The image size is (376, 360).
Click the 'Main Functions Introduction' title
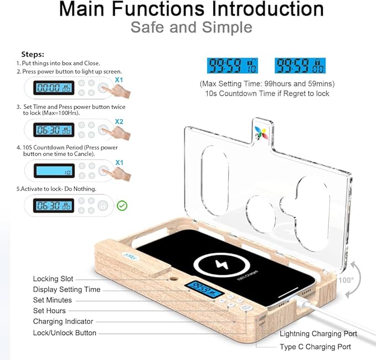(x=191, y=9)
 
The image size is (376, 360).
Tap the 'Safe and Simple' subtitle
(x=191, y=27)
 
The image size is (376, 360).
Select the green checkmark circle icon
(x=122, y=205)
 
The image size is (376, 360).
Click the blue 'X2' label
(x=119, y=121)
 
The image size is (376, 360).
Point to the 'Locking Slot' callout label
(x=53, y=279)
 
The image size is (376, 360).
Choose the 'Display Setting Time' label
(x=67, y=290)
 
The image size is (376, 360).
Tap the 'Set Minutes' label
(x=53, y=300)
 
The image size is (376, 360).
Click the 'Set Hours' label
(x=49, y=311)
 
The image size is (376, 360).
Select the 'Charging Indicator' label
(x=63, y=322)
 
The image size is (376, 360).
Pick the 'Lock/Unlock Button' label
(x=65, y=333)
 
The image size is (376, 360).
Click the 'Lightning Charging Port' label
(x=318, y=333)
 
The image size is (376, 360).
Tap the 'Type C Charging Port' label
(x=315, y=347)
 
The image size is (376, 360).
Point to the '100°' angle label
(x=346, y=280)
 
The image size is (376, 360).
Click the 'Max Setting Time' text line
(x=267, y=84)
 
